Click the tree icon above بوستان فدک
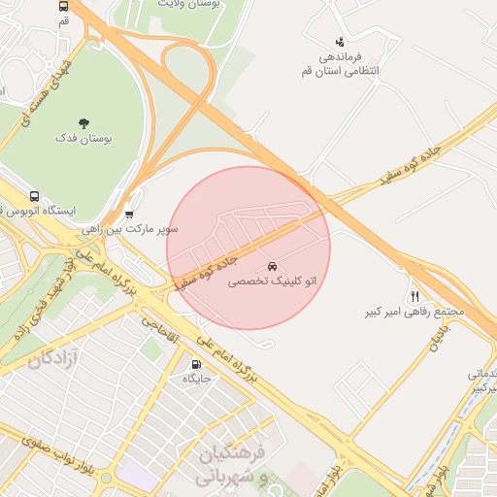click(x=83, y=123)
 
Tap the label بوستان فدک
click(x=83, y=140)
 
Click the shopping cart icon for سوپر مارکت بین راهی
click(x=129, y=215)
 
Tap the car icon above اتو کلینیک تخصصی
click(x=271, y=266)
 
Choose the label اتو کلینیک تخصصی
click(x=272, y=282)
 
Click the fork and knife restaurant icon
click(x=415, y=296)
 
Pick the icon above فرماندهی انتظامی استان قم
click(x=339, y=42)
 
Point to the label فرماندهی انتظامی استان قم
click(x=340, y=64)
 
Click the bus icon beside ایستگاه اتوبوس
click(x=35, y=196)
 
